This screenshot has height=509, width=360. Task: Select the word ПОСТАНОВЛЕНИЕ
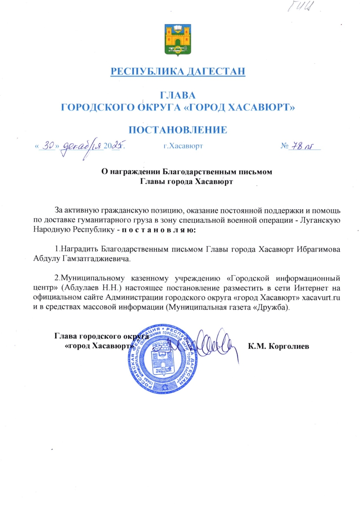click(x=178, y=130)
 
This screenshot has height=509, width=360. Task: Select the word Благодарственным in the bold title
click(x=200, y=172)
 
